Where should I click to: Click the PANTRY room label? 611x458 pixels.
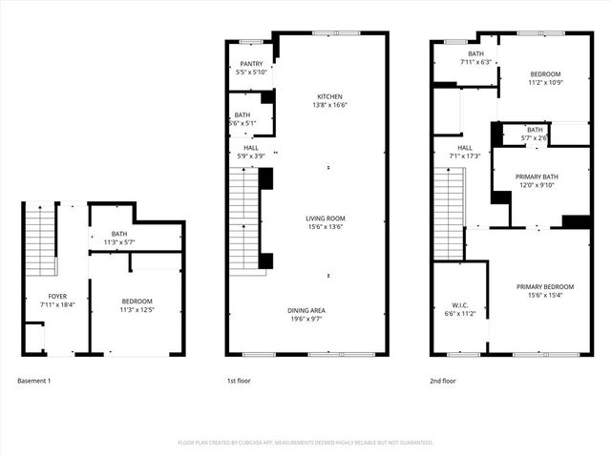252,65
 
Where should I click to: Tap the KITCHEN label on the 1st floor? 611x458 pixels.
329,97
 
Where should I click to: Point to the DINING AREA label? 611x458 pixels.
306,311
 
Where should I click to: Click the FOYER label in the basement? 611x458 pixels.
58,296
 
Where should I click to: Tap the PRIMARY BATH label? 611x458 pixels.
537,177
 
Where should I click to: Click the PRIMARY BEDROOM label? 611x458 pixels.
545,287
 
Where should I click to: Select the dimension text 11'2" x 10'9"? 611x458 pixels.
545,82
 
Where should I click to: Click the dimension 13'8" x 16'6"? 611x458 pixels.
329,104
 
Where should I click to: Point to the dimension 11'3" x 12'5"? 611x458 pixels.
137,310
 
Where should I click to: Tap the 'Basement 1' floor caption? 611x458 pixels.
34,381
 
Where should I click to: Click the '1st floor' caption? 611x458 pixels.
240,381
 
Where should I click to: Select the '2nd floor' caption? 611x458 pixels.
443,381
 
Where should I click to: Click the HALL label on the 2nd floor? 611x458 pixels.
465,148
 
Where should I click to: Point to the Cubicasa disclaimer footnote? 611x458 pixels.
305,443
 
